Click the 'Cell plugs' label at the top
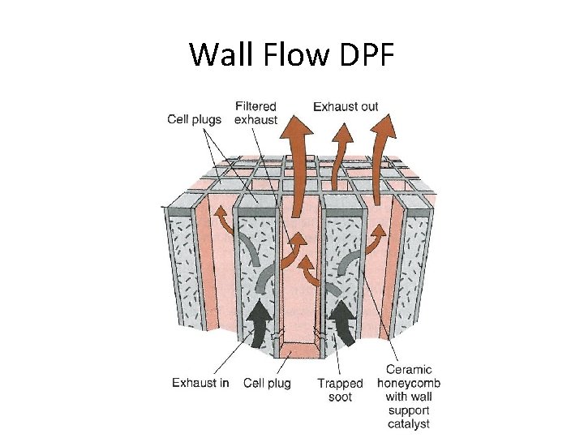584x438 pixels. pos(194,119)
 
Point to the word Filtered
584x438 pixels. pos(255,106)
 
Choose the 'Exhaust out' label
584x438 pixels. pos(346,106)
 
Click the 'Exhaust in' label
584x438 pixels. pos(200,383)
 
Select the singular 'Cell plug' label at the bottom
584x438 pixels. pos(267,383)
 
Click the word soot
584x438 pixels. pos(340,397)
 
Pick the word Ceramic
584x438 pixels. pos(409,371)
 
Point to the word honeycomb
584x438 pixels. pos(409,384)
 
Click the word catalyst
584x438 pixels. pos(409,423)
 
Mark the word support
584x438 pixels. pos(409,410)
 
